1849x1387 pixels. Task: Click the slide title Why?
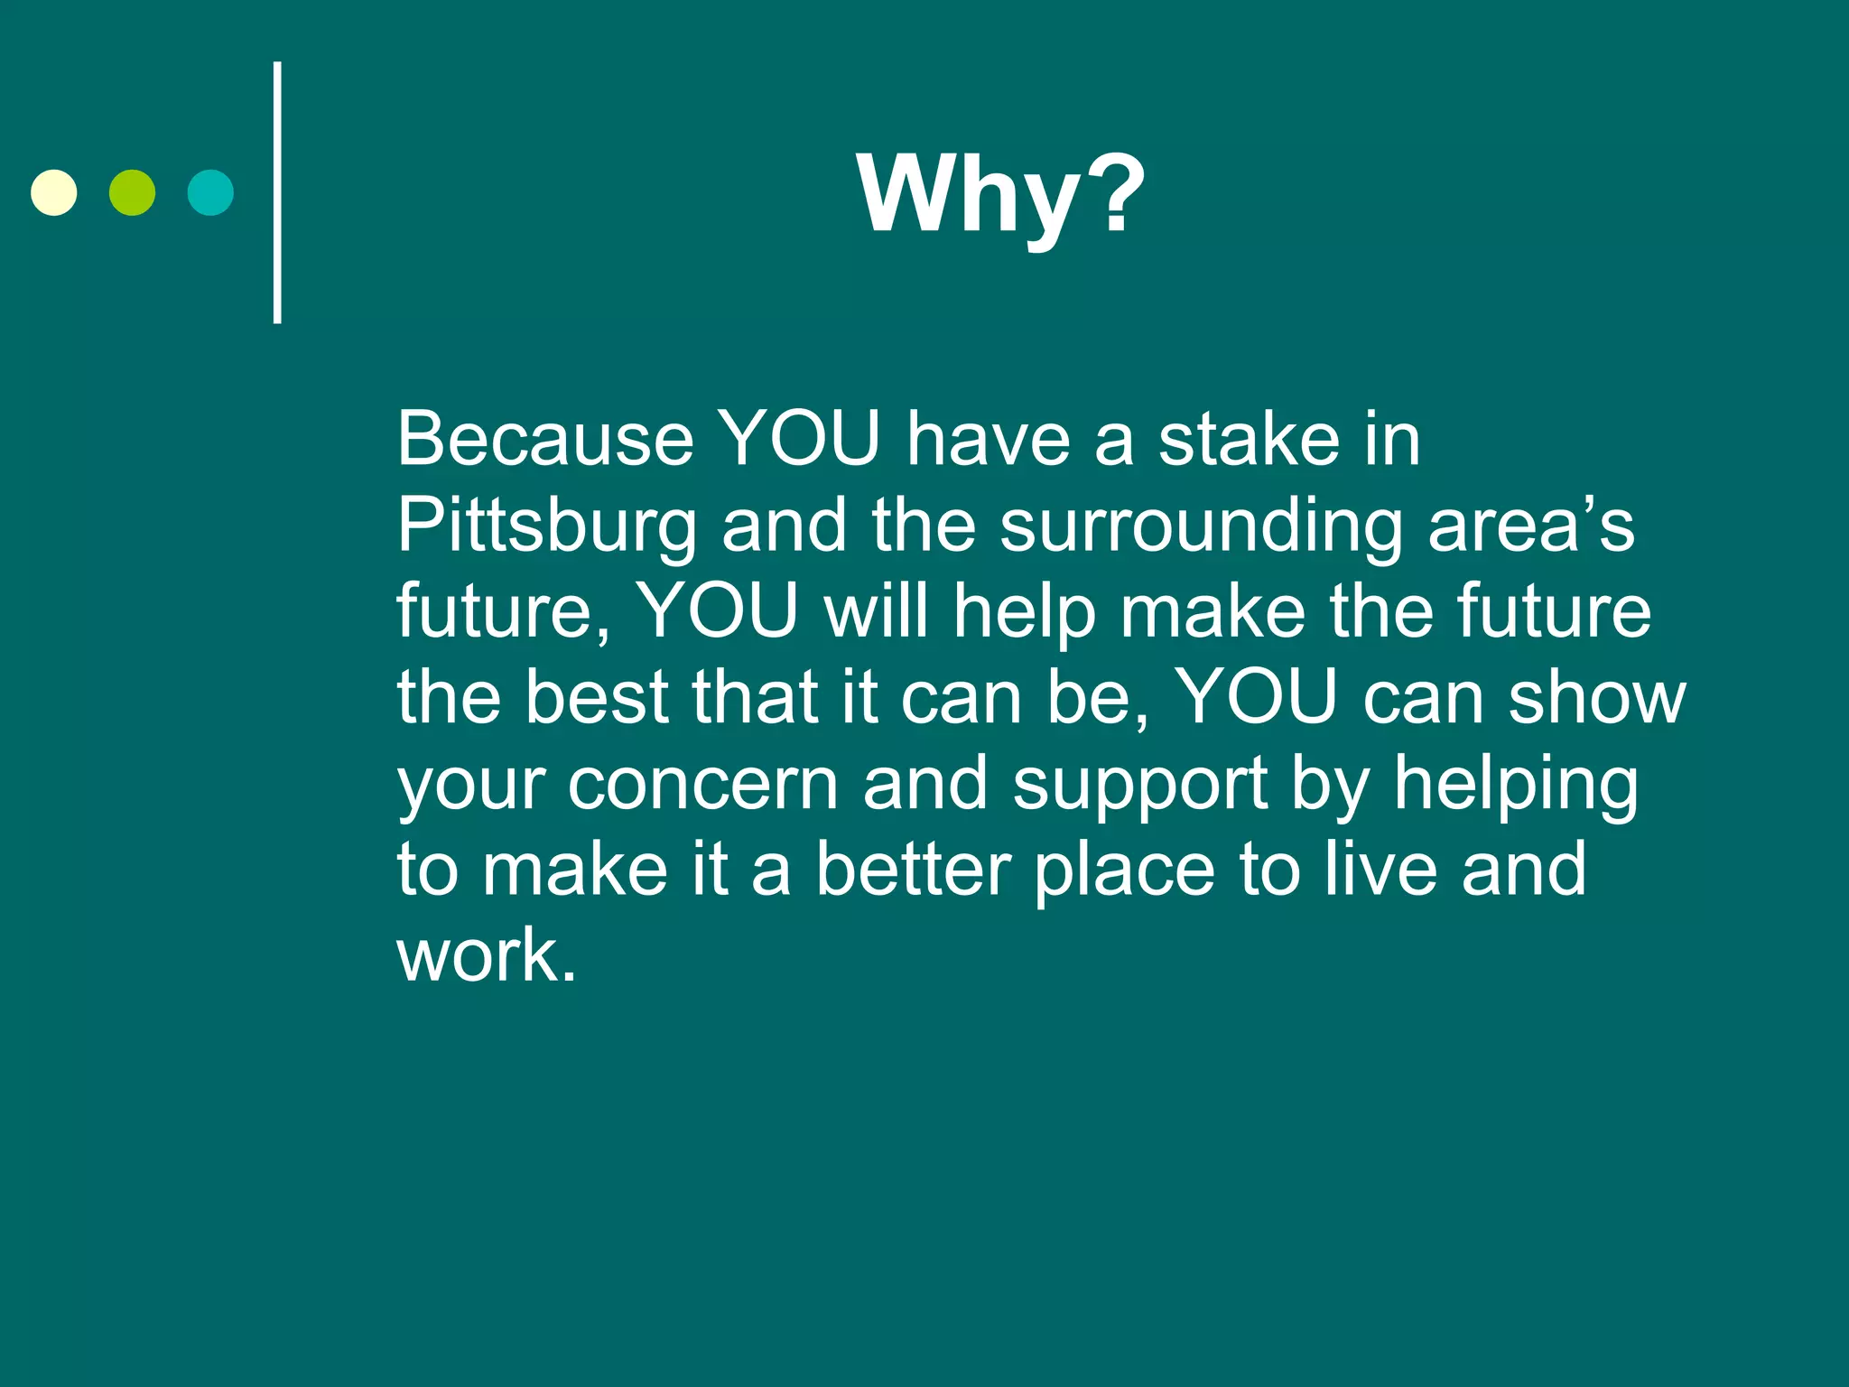point(1000,194)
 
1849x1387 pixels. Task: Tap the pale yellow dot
point(54,192)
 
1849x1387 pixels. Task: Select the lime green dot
point(132,192)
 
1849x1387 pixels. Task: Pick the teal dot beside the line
point(210,192)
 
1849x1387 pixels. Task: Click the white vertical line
point(277,192)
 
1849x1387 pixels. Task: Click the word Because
point(545,439)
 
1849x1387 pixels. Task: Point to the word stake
point(1250,439)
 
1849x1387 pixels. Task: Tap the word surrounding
point(1202,526)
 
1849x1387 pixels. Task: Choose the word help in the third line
point(1025,612)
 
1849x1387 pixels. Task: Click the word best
point(597,697)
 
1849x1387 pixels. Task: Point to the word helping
point(1516,784)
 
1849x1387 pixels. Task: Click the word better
point(914,870)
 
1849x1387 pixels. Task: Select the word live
point(1380,870)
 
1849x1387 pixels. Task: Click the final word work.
point(486,955)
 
